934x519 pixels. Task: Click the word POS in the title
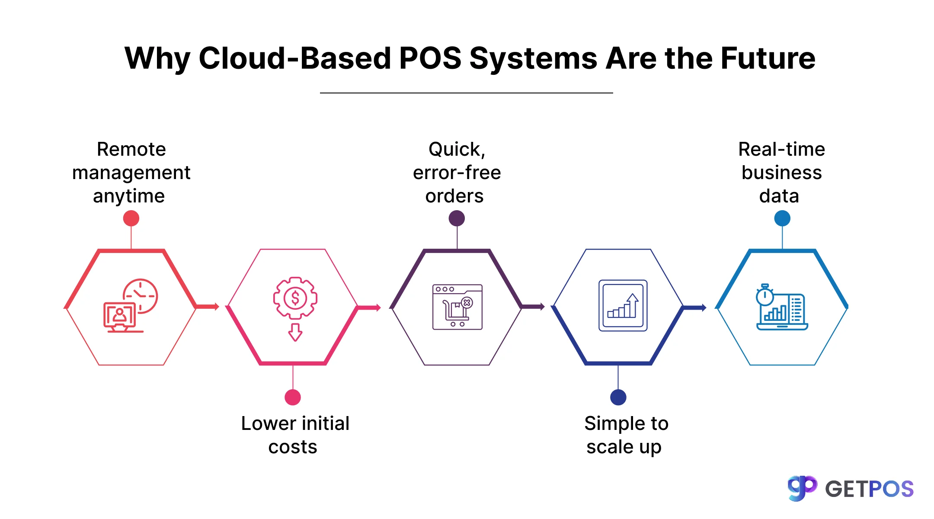click(430, 58)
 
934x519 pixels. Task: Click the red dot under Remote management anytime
click(131, 218)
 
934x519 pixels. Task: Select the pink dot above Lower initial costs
click(293, 397)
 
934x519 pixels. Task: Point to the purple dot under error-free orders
click(457, 218)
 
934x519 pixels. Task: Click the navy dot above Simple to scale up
click(618, 397)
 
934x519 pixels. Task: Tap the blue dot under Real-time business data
click(782, 218)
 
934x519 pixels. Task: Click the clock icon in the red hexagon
click(141, 295)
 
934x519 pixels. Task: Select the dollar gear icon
click(295, 298)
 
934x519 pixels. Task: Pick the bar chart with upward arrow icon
click(623, 305)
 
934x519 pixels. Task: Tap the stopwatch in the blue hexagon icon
click(764, 295)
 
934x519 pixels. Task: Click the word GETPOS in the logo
click(869, 489)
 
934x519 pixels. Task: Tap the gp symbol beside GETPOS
click(801, 488)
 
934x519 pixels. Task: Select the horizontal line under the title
click(466, 93)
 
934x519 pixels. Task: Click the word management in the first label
click(131, 173)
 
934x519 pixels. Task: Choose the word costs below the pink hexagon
click(293, 447)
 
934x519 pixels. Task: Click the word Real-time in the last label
click(781, 149)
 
